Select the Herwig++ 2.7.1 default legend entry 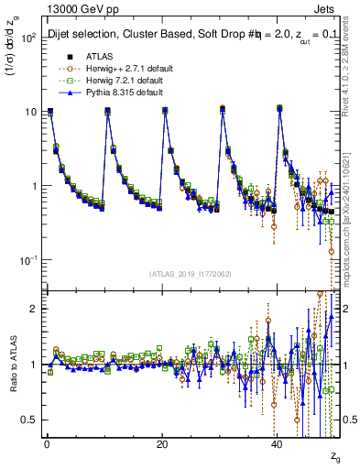[118, 68]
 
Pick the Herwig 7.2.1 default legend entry [115, 81]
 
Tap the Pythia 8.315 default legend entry [115, 93]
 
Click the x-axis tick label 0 [46, 444]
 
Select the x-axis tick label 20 [162, 444]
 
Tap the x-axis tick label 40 [278, 444]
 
